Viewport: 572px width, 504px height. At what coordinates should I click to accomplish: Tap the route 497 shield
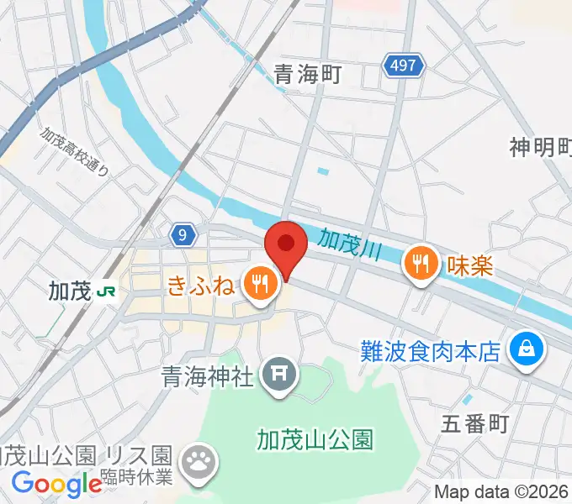coord(403,66)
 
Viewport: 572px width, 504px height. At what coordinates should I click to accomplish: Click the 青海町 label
coord(307,75)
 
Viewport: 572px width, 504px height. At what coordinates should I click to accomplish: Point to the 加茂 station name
coord(69,291)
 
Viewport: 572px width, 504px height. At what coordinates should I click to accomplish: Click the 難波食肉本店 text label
coord(431,348)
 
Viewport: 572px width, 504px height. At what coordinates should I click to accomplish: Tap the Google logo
coord(57,484)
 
